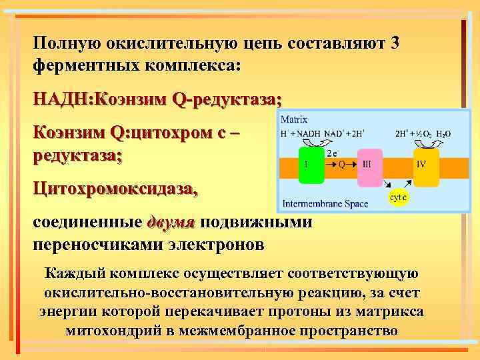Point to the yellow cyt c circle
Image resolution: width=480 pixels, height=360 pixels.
(x=398, y=197)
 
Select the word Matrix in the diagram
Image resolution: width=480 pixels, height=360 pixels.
(x=294, y=120)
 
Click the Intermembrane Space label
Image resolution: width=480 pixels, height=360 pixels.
(x=325, y=203)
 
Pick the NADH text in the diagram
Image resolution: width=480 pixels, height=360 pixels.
(x=308, y=133)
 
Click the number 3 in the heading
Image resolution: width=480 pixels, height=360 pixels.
(x=395, y=43)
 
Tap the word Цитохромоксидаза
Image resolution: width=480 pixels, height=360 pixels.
(x=115, y=189)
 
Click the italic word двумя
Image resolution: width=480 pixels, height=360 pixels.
(x=171, y=222)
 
